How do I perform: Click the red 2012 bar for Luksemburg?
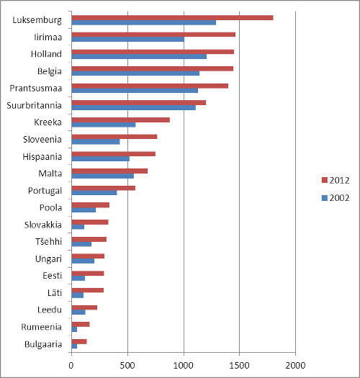(x=172, y=17)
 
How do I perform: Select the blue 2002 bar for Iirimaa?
(x=127, y=40)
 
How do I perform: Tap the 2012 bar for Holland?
(x=153, y=52)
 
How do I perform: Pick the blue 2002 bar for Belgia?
(x=135, y=73)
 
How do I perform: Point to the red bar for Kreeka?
(x=120, y=120)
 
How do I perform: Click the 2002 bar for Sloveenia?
(x=96, y=142)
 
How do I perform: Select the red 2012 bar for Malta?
(x=109, y=171)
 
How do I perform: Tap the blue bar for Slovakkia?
(x=78, y=227)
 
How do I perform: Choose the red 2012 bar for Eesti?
(x=88, y=274)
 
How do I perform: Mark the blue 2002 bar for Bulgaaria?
(x=74, y=346)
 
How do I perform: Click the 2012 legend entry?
(x=336, y=180)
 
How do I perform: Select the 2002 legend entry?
(x=336, y=198)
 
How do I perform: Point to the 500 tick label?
(x=127, y=366)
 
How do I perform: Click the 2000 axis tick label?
(x=295, y=366)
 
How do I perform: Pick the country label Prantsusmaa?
(x=36, y=89)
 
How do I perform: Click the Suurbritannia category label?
(x=35, y=105)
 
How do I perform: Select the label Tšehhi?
(x=49, y=241)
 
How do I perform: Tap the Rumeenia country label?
(x=42, y=327)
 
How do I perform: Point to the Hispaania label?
(x=42, y=157)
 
